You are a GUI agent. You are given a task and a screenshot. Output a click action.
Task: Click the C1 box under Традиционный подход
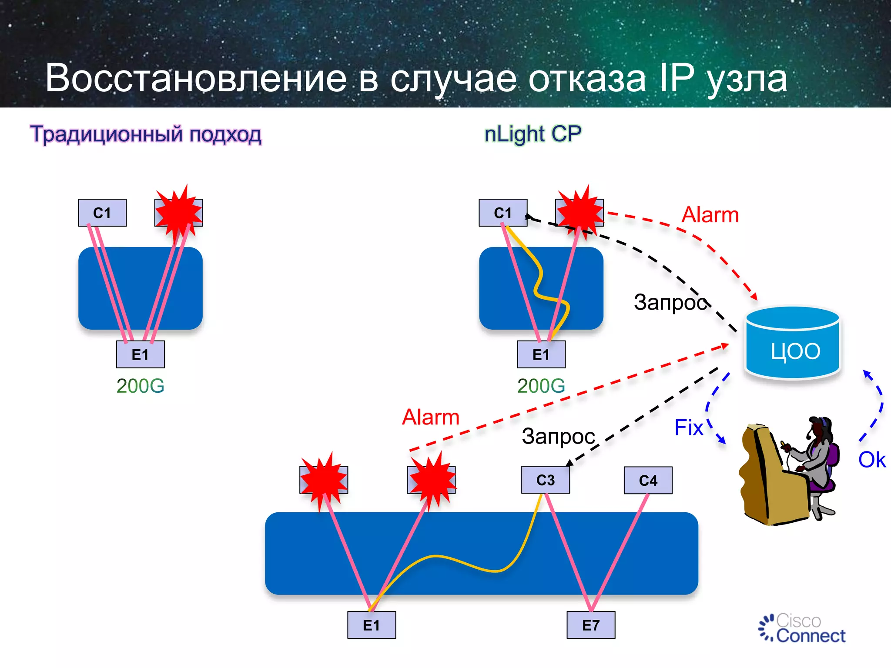pos(102,213)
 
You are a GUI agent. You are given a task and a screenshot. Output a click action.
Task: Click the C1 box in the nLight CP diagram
pos(503,213)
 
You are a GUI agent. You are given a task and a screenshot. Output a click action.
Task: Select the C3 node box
pos(545,480)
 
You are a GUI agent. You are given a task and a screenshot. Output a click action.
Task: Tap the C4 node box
pos(648,481)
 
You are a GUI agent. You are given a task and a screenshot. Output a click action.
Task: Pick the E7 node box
pos(591,625)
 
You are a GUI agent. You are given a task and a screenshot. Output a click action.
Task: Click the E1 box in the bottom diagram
pos(372,625)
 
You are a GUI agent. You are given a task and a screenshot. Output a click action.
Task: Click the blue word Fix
pos(689,428)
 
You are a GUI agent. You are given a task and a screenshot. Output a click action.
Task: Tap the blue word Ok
pos(871,460)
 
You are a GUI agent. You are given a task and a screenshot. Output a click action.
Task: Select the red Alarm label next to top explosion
pos(710,215)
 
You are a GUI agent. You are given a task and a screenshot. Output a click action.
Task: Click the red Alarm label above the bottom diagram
pos(430,417)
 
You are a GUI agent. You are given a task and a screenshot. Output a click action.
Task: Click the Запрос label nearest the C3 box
pos(558,436)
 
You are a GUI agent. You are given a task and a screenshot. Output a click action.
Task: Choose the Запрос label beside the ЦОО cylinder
pos(670,302)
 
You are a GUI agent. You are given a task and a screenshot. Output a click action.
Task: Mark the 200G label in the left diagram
pos(140,386)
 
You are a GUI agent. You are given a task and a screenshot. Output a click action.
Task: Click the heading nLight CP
pos(533,134)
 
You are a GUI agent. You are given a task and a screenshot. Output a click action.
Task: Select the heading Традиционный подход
pos(146,134)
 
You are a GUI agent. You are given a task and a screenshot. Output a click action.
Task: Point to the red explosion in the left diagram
pos(178,212)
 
